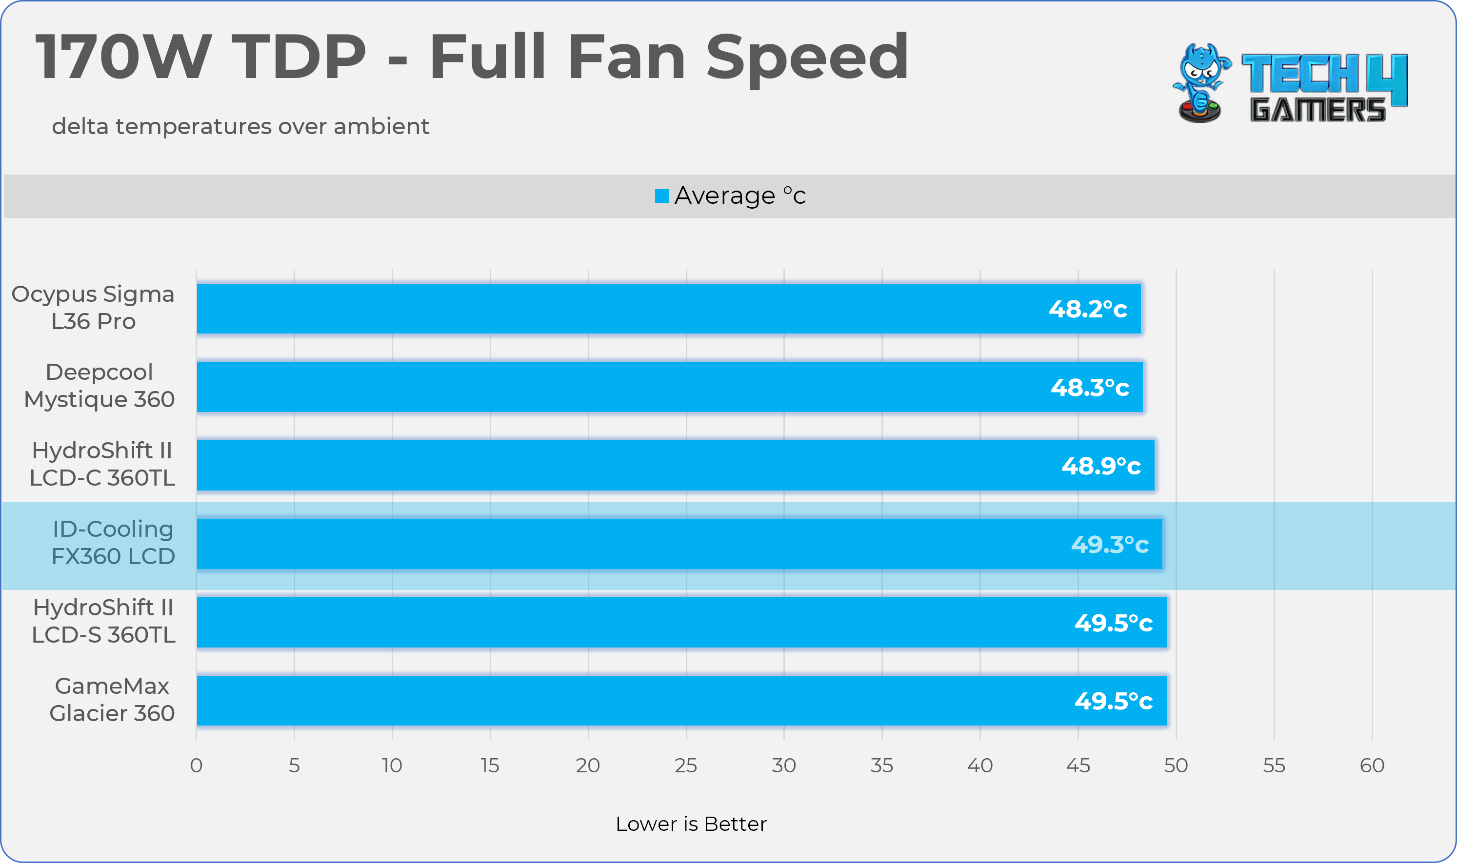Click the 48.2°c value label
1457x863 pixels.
[x=1087, y=309]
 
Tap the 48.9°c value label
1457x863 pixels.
[x=1100, y=466]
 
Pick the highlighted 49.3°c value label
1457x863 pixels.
[x=1109, y=544]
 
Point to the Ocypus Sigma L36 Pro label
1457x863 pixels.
[x=93, y=307]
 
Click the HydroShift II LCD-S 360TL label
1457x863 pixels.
[x=103, y=621]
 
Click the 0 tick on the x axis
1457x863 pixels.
[x=196, y=765]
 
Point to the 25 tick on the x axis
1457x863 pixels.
[x=686, y=765]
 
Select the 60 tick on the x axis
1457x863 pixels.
[x=1372, y=765]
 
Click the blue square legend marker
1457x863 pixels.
[x=661, y=196]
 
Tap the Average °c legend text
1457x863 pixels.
[x=740, y=196]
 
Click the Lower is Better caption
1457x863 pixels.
[x=691, y=824]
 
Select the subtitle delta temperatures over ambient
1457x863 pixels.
[x=240, y=126]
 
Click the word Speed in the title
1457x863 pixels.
[x=806, y=57]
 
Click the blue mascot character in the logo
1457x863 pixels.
[x=1200, y=81]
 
